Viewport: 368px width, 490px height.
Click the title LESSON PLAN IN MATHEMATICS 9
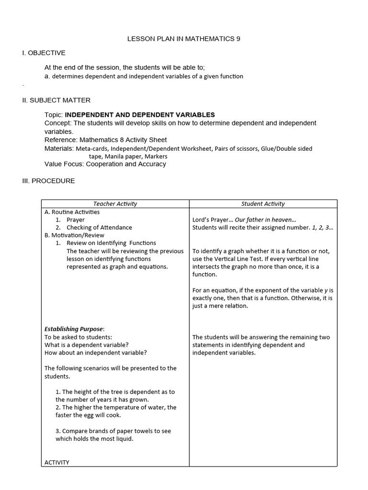184,39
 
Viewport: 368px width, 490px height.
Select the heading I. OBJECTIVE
44,53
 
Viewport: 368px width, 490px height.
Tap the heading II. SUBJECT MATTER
56,100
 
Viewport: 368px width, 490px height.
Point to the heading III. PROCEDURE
48,181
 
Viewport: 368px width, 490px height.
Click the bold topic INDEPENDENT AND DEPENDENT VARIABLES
140,115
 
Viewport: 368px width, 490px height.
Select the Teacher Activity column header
115,204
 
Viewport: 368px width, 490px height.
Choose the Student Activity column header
263,204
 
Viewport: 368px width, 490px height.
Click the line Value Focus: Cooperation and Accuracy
105,164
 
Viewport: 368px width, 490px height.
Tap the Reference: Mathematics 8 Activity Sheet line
105,140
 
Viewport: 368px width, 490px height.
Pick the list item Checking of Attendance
99,228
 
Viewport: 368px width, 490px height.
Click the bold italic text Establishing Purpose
74,329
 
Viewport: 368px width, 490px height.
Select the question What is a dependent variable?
87,345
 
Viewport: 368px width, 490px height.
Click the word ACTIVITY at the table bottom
57,462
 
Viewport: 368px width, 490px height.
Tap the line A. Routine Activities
72,212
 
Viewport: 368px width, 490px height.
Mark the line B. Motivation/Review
74,235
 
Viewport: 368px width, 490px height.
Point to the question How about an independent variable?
96,353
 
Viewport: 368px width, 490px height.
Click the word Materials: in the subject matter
59,149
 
